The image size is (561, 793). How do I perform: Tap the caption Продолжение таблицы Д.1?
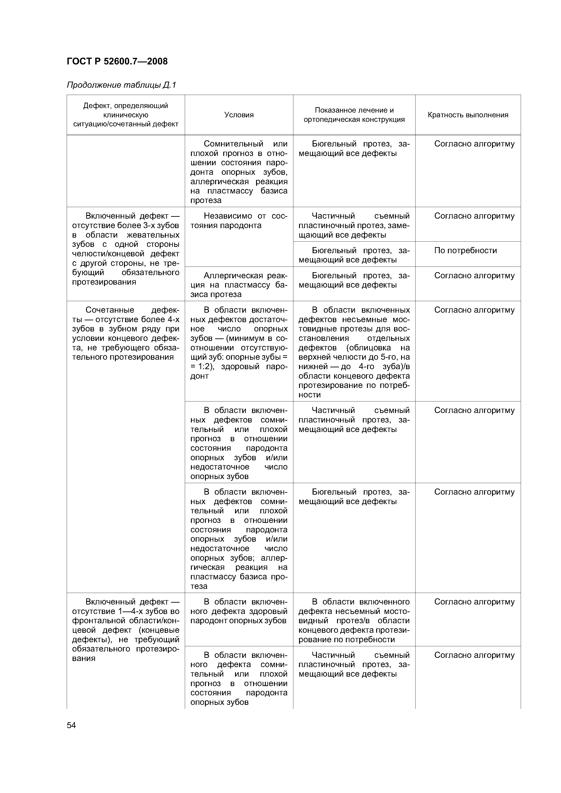pyautogui.click(x=121, y=85)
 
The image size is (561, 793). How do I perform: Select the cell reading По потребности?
pyautogui.click(x=465, y=250)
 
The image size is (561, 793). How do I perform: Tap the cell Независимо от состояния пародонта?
pyautogui.click(x=239, y=221)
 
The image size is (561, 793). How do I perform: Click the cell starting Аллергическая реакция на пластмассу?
pyautogui.click(x=239, y=285)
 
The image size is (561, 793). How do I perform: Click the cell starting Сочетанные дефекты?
pyautogui.click(x=126, y=333)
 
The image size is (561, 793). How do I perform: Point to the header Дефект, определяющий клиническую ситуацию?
pyautogui.click(x=126, y=115)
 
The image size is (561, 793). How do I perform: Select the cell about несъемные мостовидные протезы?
pyautogui.click(x=354, y=352)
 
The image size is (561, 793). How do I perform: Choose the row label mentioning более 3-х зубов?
pyautogui.click(x=126, y=249)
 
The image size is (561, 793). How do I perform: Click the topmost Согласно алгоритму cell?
pyautogui.click(x=474, y=144)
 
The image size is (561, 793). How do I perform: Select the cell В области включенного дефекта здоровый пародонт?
pyautogui.click(x=239, y=611)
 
